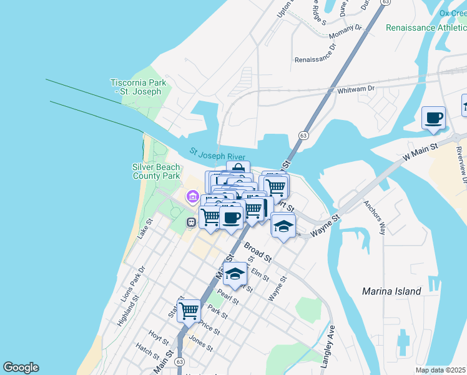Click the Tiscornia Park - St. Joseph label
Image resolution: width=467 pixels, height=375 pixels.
[135, 87]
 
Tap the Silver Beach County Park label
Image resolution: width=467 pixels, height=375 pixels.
[156, 171]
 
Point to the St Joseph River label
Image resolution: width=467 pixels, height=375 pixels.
[217, 154]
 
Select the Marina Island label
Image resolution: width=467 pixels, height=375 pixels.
[391, 291]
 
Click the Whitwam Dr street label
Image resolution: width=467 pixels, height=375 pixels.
[355, 89]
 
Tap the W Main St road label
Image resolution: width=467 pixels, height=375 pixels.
[425, 149]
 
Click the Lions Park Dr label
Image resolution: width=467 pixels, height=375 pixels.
[133, 284]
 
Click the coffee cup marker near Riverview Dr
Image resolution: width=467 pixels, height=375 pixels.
[433, 117]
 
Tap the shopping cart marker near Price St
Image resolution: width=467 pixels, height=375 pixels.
[189, 309]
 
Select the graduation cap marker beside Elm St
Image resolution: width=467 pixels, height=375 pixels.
[235, 273]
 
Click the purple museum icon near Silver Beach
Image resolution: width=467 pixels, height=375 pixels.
[192, 197]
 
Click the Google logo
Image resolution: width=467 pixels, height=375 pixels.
[21, 367]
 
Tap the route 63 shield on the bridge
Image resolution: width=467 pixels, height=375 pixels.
[303, 135]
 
